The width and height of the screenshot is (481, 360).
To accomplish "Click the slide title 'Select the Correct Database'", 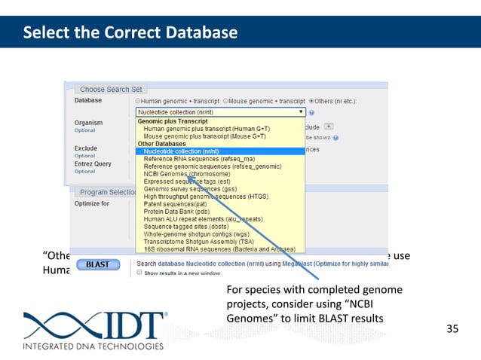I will click(130, 33).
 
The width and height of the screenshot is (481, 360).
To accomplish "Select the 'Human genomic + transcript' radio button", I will click(138, 100).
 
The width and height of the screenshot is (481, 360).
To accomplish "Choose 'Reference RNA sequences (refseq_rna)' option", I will click(199, 158).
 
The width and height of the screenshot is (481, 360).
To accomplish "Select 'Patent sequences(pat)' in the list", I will click(175, 203).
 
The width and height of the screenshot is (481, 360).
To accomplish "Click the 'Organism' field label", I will click(88, 122).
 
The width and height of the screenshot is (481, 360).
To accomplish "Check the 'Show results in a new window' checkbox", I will click(139, 273).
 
